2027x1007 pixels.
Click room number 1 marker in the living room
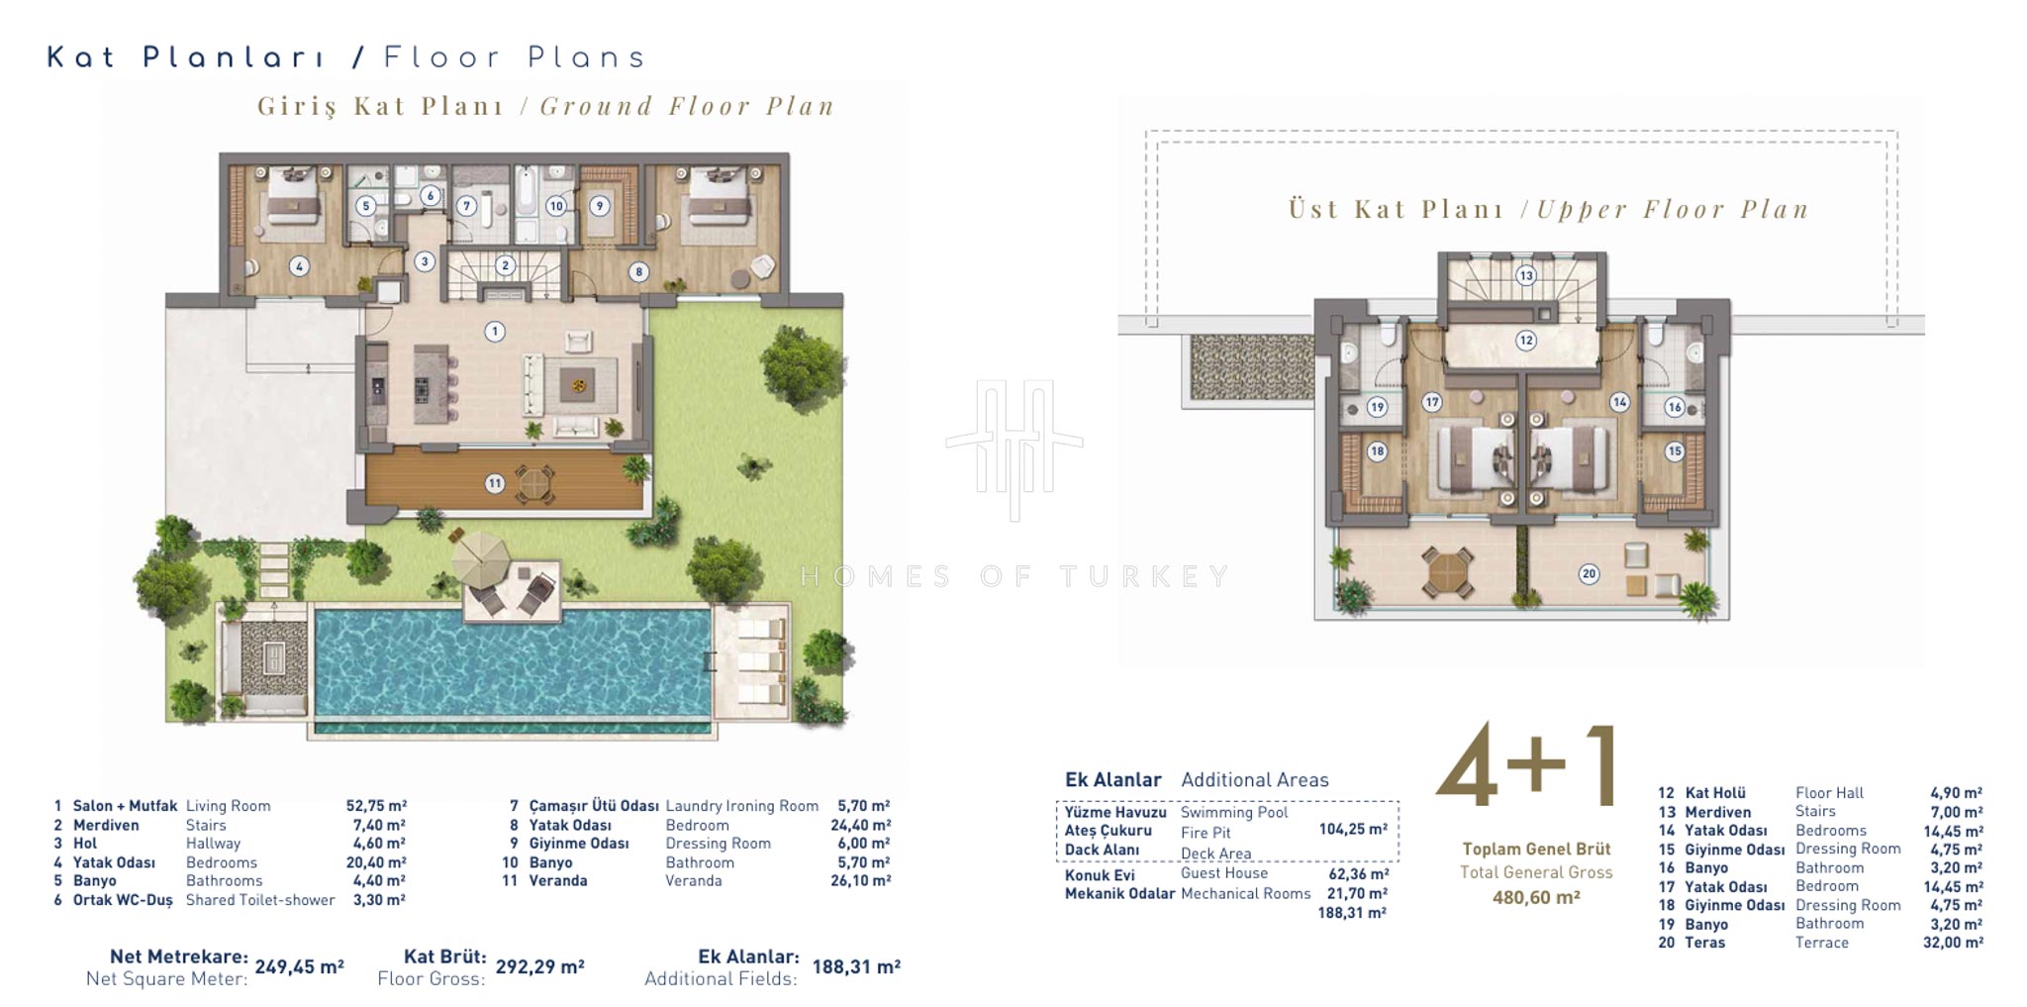494,332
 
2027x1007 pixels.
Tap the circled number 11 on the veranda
494,483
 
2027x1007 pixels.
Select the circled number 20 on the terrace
1589,573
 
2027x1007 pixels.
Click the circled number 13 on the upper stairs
1526,275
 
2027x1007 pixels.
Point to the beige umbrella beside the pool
480,558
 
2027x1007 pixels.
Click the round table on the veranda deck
533,483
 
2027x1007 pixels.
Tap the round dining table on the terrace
1447,572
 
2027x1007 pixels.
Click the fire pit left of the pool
273,657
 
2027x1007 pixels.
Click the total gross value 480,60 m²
1536,897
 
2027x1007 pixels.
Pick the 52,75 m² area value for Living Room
376,806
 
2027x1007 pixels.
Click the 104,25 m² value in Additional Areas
1353,830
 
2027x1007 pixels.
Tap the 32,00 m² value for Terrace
1953,943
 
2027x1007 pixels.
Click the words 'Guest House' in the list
1224,873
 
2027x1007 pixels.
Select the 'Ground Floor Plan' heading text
688,106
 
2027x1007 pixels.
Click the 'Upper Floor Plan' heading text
1673,209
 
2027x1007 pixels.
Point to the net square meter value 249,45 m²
299,966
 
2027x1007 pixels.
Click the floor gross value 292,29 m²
540,966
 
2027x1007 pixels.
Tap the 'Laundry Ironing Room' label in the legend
742,806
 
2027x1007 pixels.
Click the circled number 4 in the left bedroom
299,265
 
